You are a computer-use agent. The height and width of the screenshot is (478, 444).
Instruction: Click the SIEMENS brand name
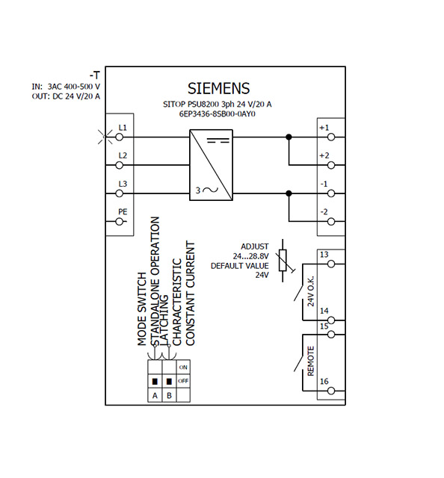pyautogui.click(x=218, y=88)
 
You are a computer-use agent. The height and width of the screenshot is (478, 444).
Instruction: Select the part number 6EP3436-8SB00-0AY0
pyautogui.click(x=218, y=115)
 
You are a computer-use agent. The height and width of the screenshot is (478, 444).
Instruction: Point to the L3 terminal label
pyautogui.click(x=123, y=184)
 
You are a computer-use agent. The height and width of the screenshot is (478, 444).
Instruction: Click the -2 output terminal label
pyautogui.click(x=324, y=211)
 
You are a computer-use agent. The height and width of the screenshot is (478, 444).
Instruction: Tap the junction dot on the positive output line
pyautogui.click(x=289, y=137)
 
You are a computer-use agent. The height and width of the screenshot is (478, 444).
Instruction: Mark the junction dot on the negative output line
pyautogui.click(x=289, y=193)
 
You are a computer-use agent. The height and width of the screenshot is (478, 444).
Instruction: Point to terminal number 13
pyautogui.click(x=324, y=255)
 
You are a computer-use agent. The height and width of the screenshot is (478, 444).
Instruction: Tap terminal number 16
pyautogui.click(x=324, y=381)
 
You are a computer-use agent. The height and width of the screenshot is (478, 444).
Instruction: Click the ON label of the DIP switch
pyautogui.click(x=182, y=367)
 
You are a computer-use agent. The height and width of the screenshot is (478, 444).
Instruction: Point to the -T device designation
pyautogui.click(x=94, y=75)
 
